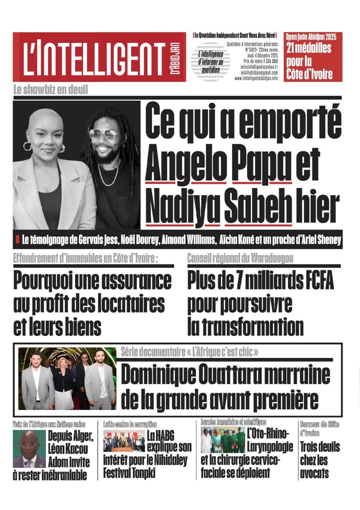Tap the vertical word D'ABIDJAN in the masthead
(x=175, y=58)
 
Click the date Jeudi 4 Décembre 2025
(x=262, y=56)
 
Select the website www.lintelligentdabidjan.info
(x=256, y=78)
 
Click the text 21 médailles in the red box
(x=309, y=48)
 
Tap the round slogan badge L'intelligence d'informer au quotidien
(x=210, y=62)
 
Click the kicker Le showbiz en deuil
(x=51, y=90)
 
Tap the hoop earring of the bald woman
(x=27, y=146)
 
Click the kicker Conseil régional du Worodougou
(x=240, y=258)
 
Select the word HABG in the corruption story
(x=161, y=436)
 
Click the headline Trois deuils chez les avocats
(x=320, y=460)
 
